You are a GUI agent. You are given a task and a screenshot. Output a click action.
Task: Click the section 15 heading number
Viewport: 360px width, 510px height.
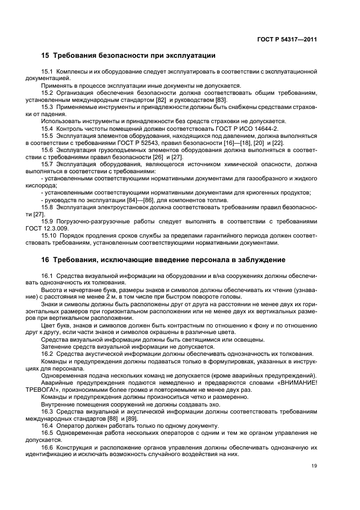[46, 56]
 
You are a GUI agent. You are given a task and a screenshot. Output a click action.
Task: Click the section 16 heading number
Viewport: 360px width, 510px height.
[46, 259]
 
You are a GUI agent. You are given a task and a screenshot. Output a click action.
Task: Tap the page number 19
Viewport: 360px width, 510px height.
[314, 465]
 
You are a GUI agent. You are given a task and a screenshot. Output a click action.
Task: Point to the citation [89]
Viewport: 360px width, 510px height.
[131, 418]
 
